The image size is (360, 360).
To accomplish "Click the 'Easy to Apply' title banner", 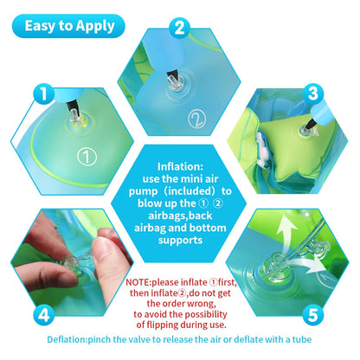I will (x=69, y=25).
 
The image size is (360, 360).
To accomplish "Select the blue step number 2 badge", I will (x=180, y=27).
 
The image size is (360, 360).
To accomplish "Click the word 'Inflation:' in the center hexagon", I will (x=180, y=166).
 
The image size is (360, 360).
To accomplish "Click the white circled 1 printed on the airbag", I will (x=84, y=157).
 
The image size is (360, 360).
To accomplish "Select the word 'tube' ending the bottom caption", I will (x=300, y=339).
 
